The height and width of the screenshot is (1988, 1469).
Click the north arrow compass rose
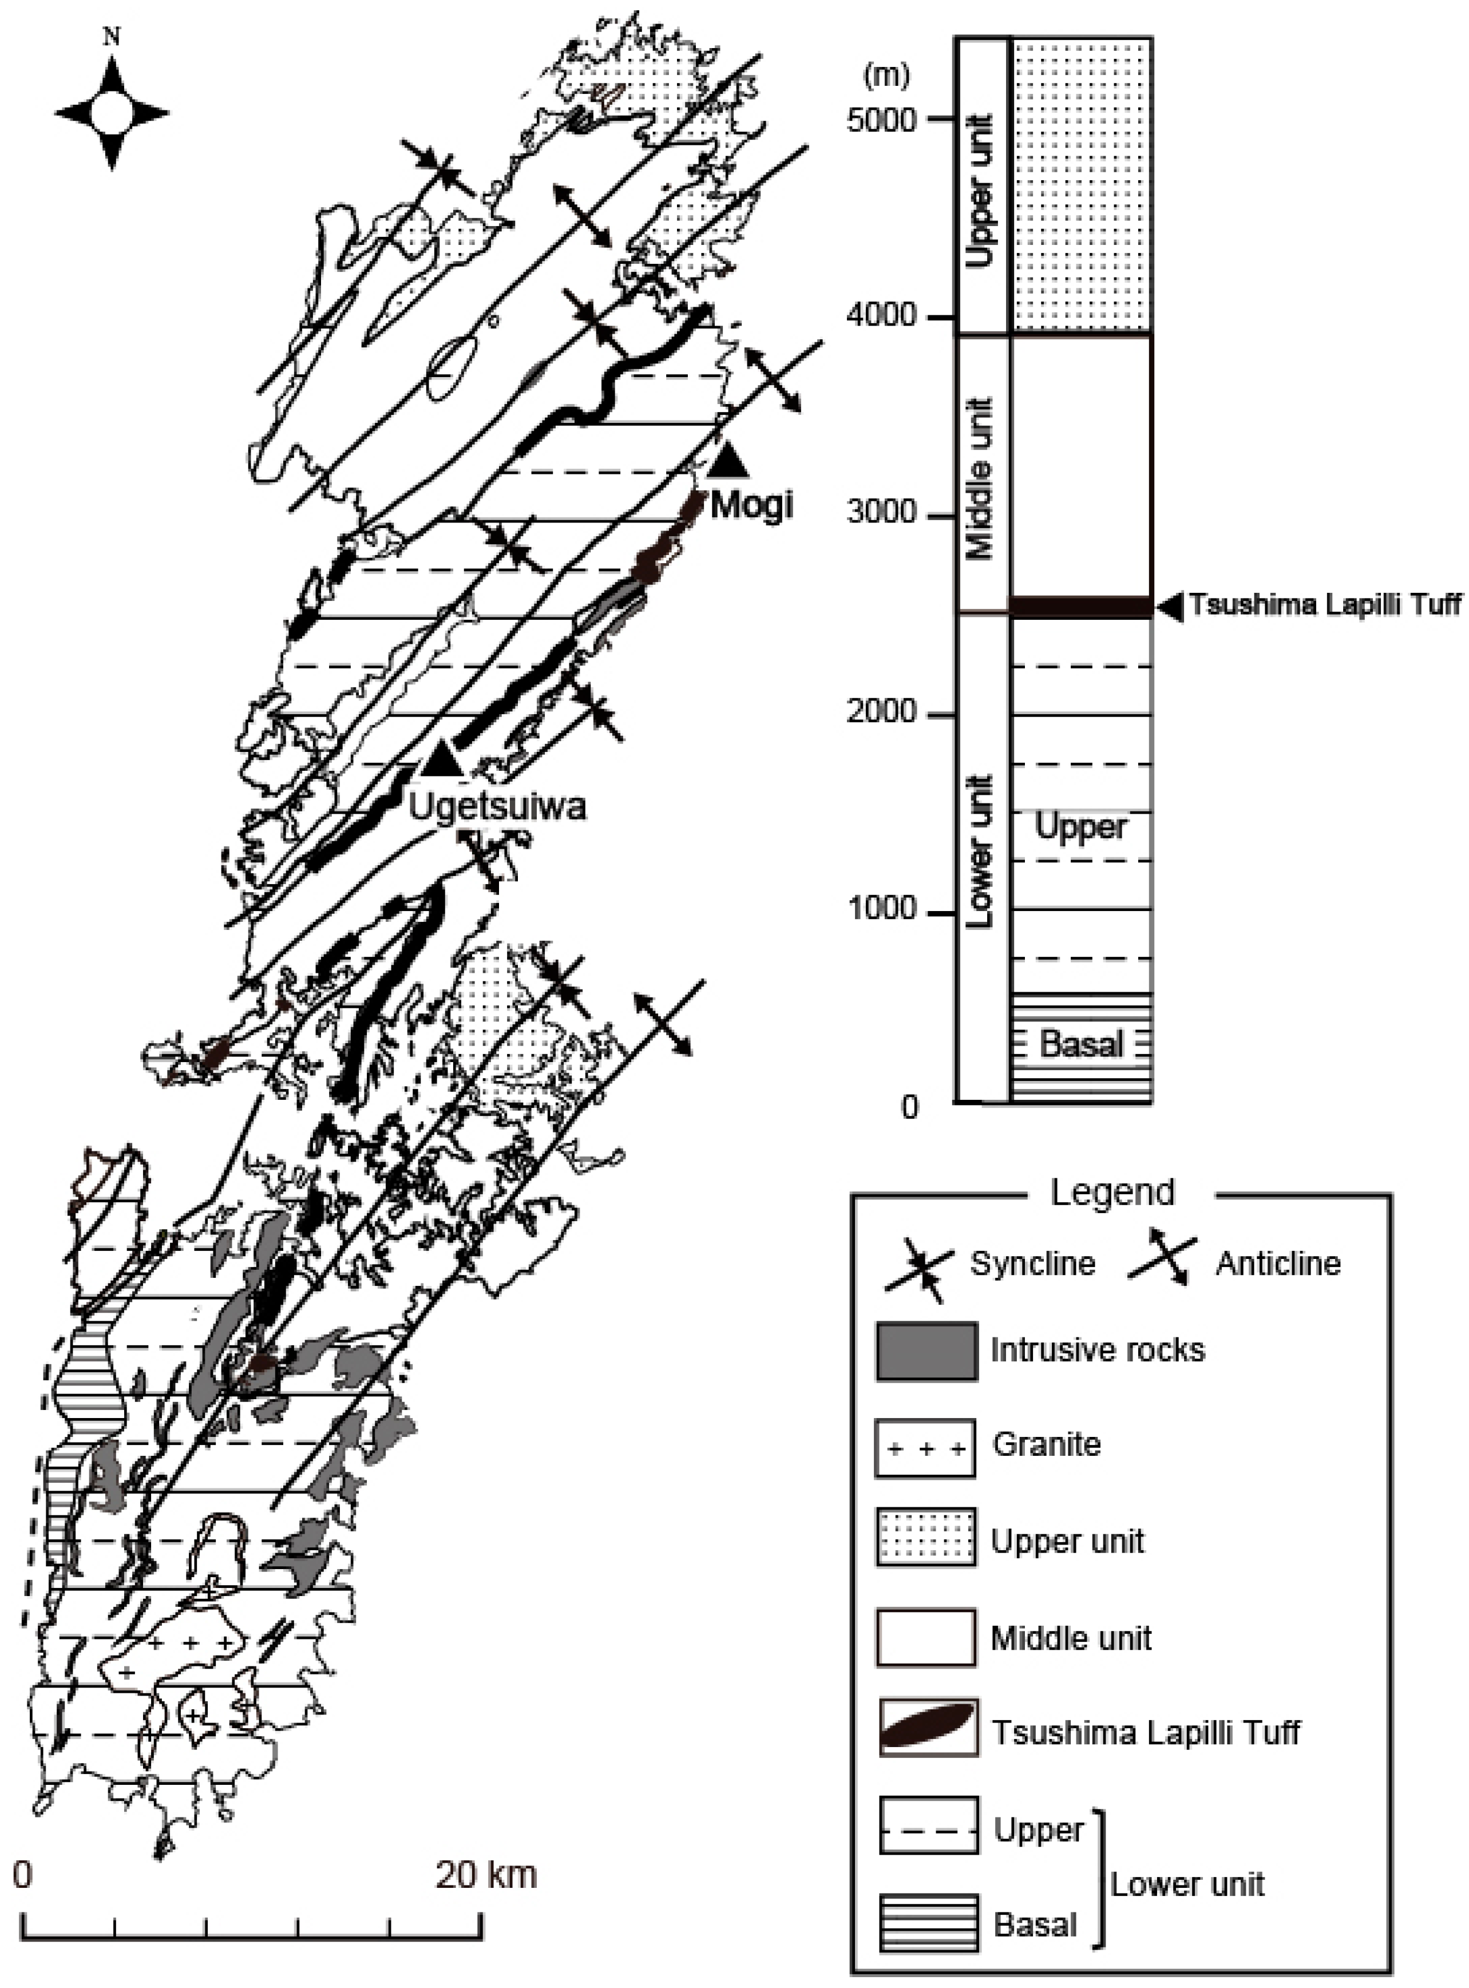point(112,113)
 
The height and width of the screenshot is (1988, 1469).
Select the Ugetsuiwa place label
point(497,806)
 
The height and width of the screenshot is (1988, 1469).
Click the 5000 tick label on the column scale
point(880,119)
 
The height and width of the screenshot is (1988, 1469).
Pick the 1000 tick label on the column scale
point(880,909)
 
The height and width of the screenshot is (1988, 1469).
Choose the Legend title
point(1112,1192)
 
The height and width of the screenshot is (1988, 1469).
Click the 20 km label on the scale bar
point(485,1874)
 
